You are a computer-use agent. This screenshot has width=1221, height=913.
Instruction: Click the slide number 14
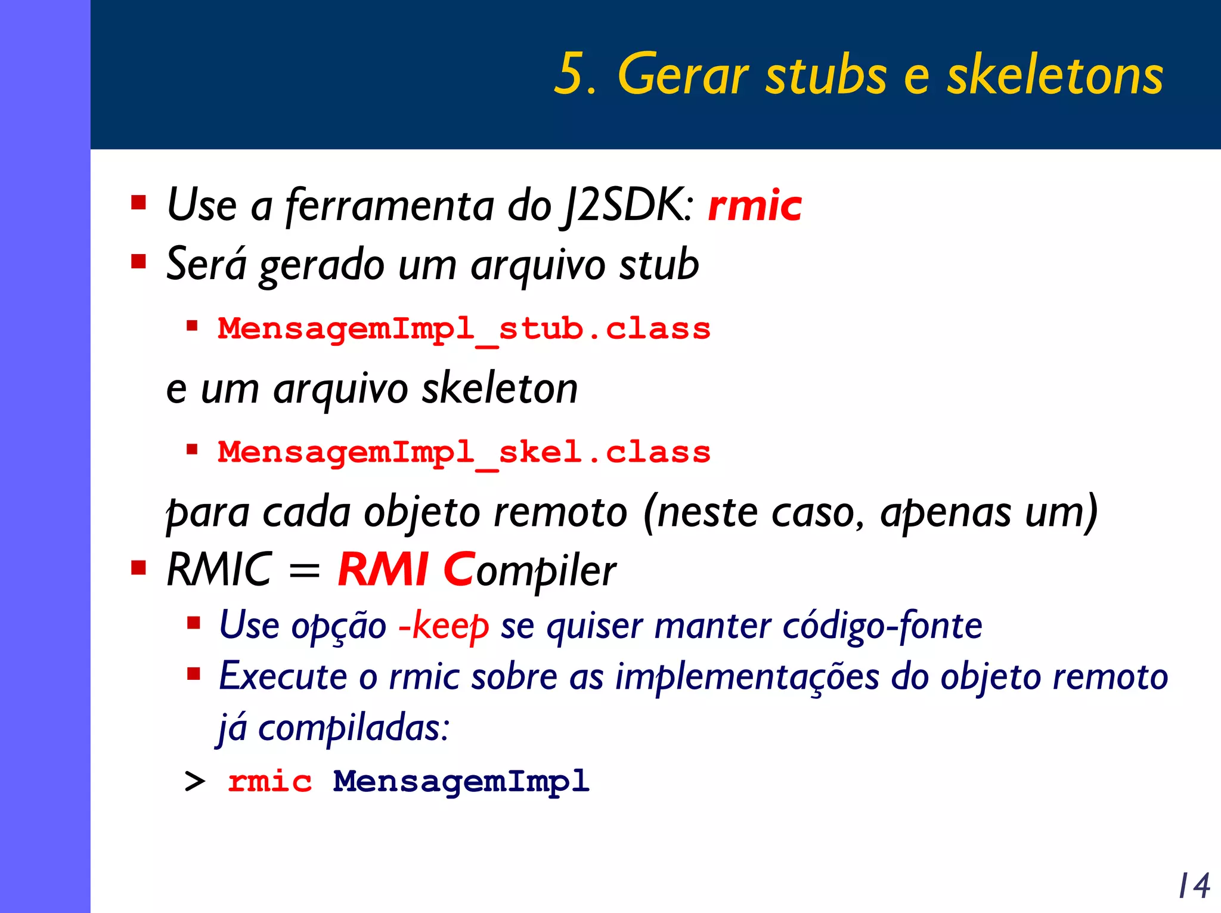[1194, 886]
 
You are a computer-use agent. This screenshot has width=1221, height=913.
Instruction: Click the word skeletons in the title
[1055, 75]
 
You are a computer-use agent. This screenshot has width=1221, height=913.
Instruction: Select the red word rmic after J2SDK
[754, 206]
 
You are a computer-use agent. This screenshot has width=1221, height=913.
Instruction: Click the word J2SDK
[627, 206]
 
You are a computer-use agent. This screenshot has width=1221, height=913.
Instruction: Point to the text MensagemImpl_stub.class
[464, 329]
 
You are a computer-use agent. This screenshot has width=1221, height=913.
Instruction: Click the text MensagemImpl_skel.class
[464, 453]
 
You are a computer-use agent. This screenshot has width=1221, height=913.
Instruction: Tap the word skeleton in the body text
[500, 389]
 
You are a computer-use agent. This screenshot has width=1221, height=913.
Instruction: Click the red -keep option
[444, 626]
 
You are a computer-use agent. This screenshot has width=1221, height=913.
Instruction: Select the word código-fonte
[882, 626]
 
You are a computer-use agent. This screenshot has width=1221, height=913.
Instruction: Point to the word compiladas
[352, 728]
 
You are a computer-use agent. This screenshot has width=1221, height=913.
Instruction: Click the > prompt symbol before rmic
[195, 781]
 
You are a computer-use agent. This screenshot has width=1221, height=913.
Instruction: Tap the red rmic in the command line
[270, 781]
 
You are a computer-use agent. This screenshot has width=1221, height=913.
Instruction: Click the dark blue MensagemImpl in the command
[461, 781]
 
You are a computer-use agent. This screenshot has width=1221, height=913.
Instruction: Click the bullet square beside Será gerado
[139, 262]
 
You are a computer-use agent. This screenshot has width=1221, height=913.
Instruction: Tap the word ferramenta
[390, 206]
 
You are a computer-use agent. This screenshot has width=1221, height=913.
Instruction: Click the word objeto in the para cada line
[422, 513]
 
